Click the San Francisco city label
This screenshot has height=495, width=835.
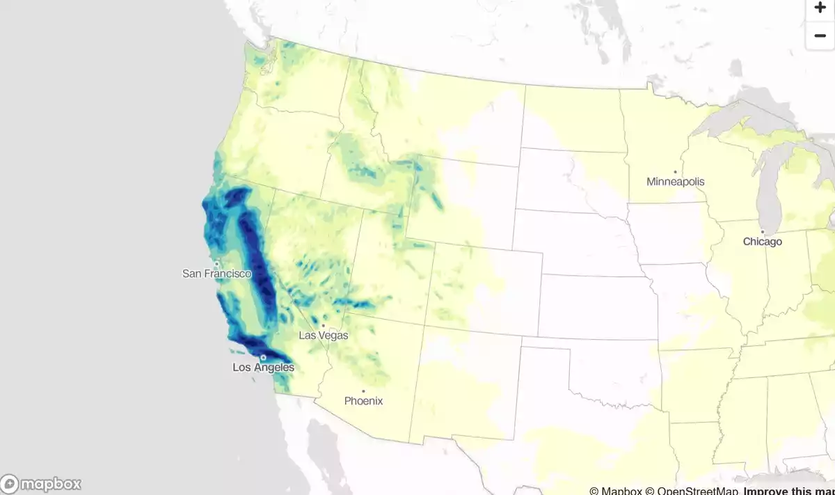216,274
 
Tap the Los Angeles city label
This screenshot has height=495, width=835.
263,368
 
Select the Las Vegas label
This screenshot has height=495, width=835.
323,335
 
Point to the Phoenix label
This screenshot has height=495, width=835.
363,401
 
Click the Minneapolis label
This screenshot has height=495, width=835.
675,182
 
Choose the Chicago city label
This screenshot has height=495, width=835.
762,242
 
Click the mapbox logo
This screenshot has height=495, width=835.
42,484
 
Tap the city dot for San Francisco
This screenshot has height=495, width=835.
217,264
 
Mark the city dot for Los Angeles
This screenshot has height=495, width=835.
263,358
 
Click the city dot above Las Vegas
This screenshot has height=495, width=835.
323,325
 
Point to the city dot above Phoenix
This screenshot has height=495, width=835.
363,391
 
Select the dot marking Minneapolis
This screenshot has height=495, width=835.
675,172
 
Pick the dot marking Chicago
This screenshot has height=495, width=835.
763,232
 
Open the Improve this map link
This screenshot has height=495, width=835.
788,491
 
